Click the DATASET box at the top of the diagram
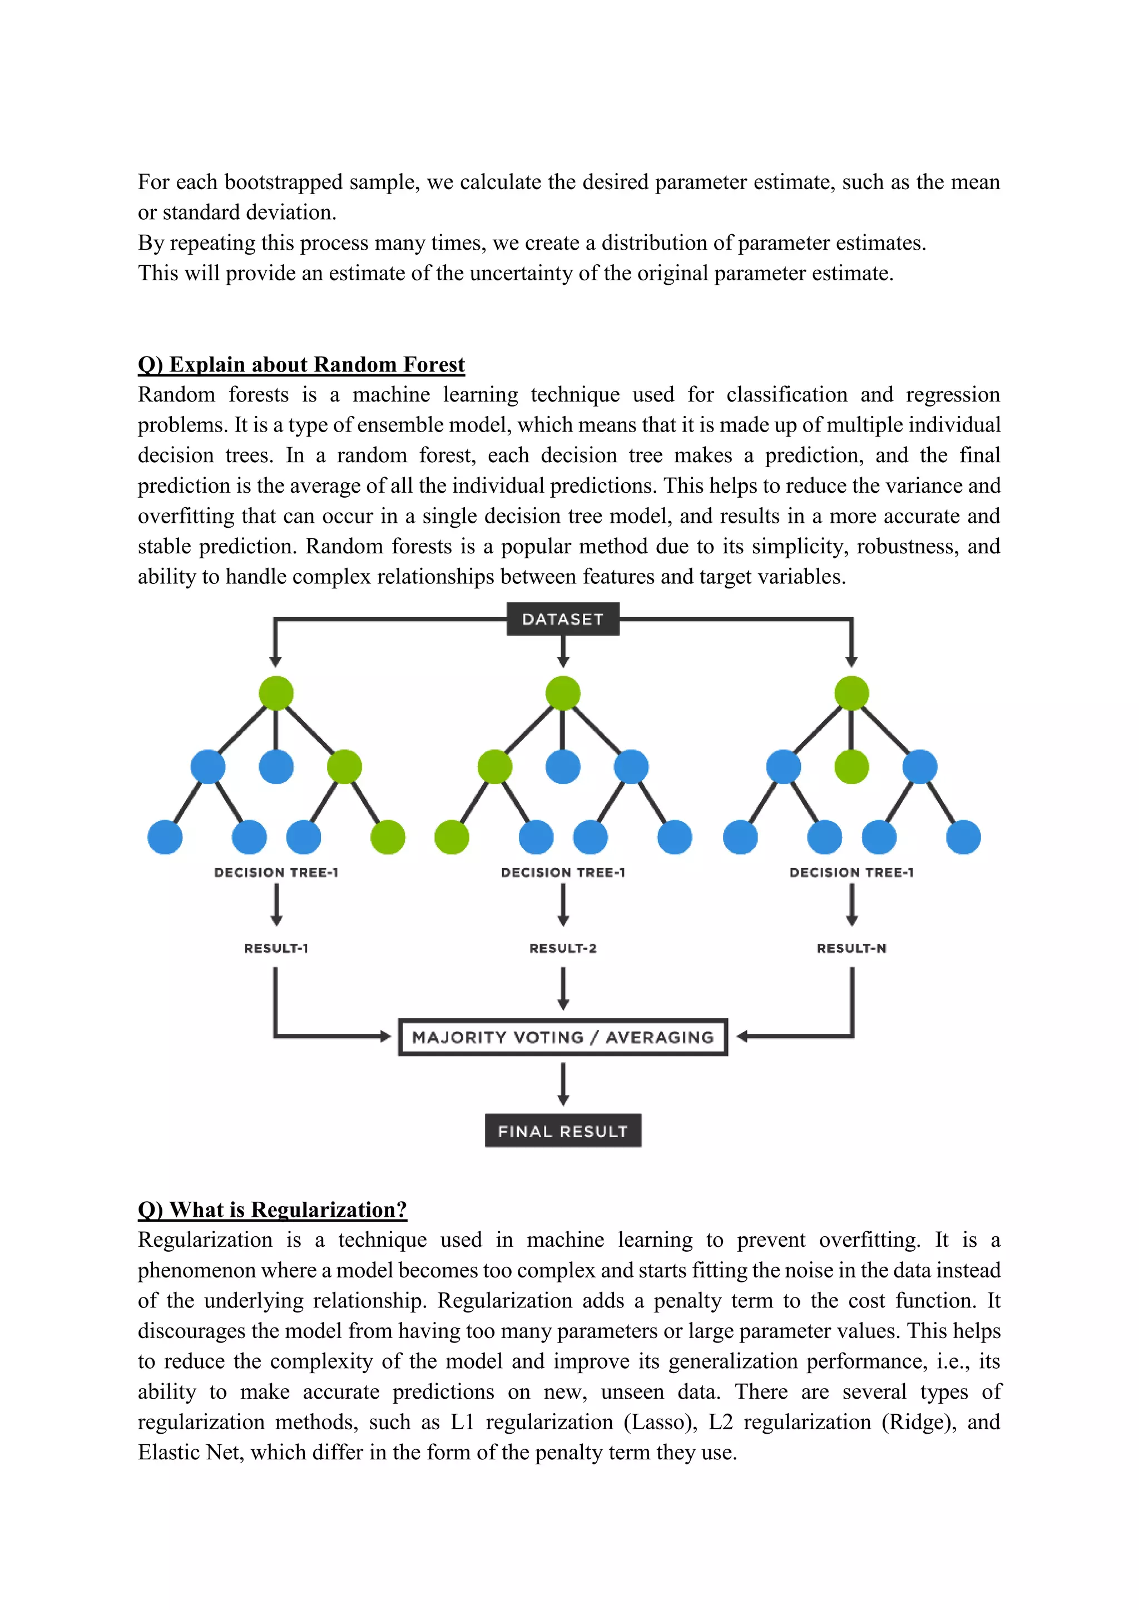[x=562, y=619]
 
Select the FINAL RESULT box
[x=562, y=1131]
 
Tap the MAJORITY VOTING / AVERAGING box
[x=562, y=1037]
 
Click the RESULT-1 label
[x=276, y=948]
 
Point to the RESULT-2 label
[x=562, y=948]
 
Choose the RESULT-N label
[x=851, y=948]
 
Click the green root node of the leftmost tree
[x=276, y=693]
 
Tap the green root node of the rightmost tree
[x=851, y=693]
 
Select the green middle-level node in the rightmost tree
[x=851, y=766]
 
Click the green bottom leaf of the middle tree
[x=452, y=838]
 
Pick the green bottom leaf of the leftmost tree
[x=388, y=838]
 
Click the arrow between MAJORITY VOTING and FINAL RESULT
[x=562, y=1083]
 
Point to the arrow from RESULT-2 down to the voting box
[x=562, y=989]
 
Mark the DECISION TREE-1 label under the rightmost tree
[x=851, y=873]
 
